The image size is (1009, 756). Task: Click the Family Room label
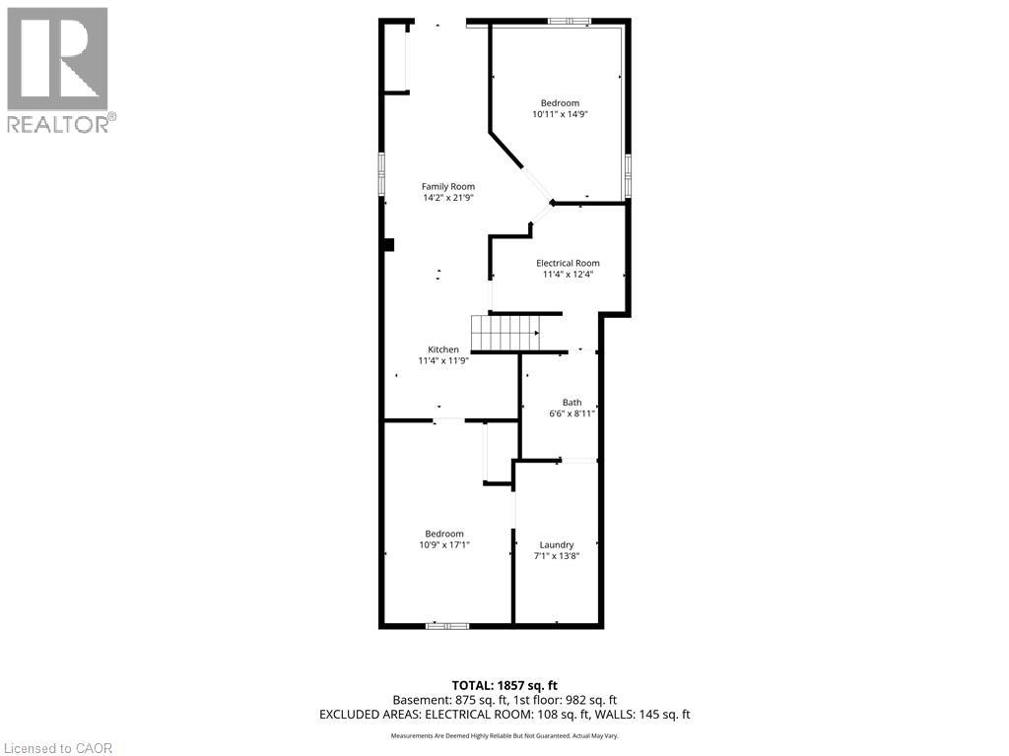(x=448, y=186)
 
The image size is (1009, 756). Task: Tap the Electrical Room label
(x=568, y=263)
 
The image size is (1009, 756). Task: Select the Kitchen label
(x=442, y=349)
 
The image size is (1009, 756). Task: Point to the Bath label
(x=572, y=402)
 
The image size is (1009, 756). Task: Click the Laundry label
(x=557, y=544)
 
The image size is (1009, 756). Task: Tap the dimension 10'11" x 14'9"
(x=560, y=114)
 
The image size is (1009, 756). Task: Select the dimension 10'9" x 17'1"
(x=444, y=544)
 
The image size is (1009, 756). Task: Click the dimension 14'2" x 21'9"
(x=448, y=198)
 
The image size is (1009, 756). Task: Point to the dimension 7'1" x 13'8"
(x=557, y=555)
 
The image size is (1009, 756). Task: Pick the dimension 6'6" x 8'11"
(x=572, y=413)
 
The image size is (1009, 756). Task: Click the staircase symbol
(x=504, y=332)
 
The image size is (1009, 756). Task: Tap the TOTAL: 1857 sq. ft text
(x=504, y=685)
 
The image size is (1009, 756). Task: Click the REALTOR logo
(x=58, y=69)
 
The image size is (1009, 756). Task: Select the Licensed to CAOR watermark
(x=58, y=747)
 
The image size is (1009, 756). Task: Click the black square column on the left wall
(x=388, y=245)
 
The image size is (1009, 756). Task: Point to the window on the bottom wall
(x=446, y=625)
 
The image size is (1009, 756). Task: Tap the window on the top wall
(x=571, y=21)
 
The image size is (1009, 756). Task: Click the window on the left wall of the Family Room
(x=381, y=174)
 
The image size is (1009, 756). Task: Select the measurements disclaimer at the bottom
(x=504, y=736)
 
